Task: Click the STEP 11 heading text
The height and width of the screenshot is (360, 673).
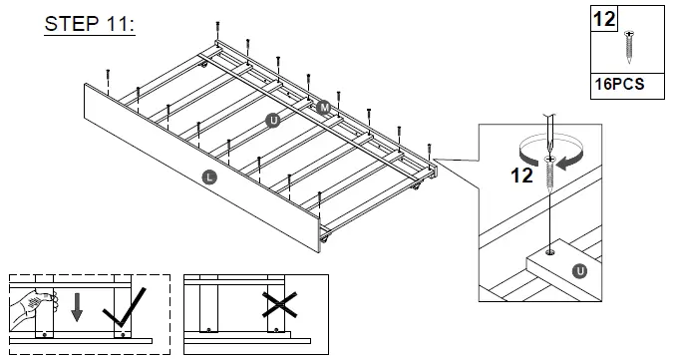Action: coord(90,25)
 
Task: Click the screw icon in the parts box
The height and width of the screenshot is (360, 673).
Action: coord(629,45)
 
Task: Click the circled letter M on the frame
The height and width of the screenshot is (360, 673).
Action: coord(324,106)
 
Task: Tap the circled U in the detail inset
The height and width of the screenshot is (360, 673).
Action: coord(578,270)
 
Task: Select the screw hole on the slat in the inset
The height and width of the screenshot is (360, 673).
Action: coord(549,253)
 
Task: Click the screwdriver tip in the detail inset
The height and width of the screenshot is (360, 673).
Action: coord(547,150)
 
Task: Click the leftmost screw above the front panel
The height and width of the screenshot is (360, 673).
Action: coord(108,73)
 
